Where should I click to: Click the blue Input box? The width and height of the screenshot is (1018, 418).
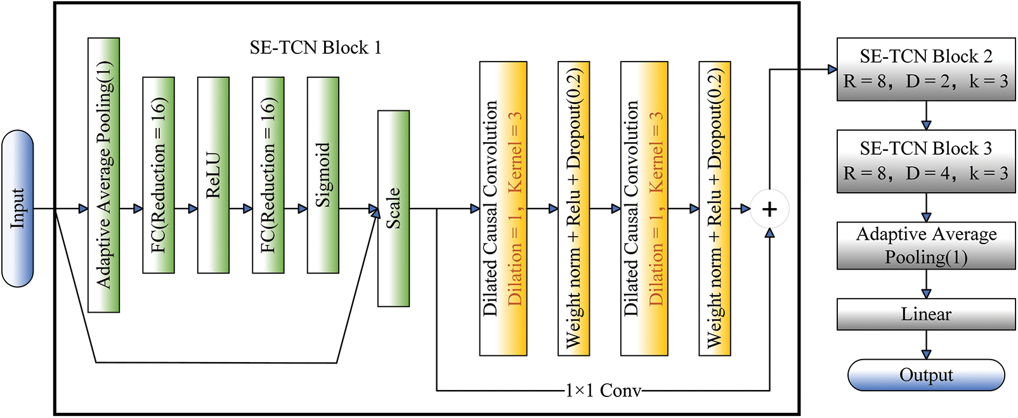click(x=18, y=209)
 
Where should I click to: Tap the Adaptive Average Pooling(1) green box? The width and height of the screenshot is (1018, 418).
click(x=103, y=175)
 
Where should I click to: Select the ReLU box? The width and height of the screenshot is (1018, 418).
click(x=213, y=175)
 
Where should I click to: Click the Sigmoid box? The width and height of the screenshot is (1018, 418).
click(x=323, y=175)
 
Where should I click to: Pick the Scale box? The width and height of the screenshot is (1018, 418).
click(x=394, y=209)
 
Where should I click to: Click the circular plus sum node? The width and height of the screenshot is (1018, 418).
click(x=769, y=209)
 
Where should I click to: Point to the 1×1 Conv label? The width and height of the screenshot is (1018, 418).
click(x=603, y=390)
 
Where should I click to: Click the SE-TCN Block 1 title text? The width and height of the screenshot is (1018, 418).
click(x=315, y=48)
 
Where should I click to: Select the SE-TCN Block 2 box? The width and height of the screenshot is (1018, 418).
click(x=926, y=70)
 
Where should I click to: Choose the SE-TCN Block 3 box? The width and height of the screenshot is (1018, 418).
click(x=926, y=162)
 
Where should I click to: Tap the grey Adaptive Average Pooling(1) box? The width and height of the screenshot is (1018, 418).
click(x=926, y=246)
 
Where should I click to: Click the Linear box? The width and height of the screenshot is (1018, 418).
click(x=926, y=314)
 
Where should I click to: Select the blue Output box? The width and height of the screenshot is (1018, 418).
click(x=926, y=376)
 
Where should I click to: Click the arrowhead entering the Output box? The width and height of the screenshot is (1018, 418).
click(x=926, y=355)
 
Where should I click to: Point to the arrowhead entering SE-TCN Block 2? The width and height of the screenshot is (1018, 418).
click(x=833, y=70)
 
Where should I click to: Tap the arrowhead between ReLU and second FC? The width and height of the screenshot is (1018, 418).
click(x=248, y=209)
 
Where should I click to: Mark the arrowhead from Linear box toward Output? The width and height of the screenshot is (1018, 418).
click(x=926, y=355)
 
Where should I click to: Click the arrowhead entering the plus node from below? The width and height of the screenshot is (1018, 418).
click(x=769, y=233)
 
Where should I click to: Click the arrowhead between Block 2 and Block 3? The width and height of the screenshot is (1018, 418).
click(x=926, y=126)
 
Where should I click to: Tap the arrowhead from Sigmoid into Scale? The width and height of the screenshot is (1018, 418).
click(x=374, y=209)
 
